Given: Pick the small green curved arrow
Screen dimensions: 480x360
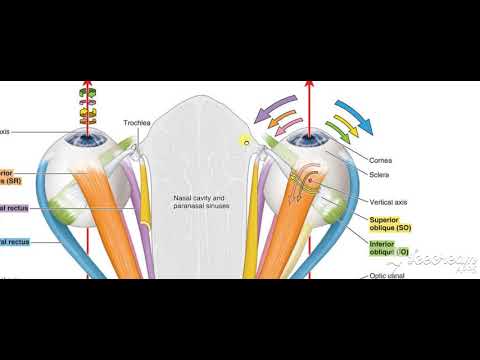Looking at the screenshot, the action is tap(347, 127).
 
